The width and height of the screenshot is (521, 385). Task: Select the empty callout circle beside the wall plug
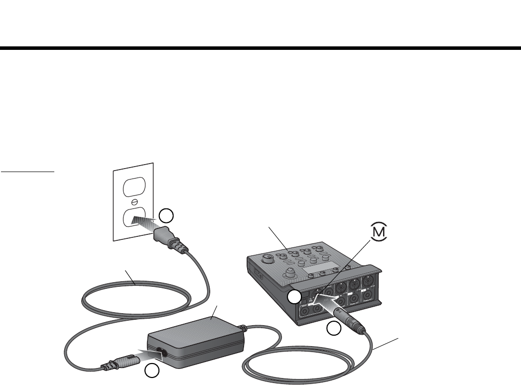tap(167, 215)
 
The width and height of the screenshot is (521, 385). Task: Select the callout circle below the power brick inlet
tap(152, 370)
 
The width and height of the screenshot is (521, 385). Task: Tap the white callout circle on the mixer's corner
tap(294, 298)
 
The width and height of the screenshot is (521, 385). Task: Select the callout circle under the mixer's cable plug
tap(334, 328)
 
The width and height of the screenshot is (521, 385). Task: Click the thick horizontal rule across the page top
tap(260, 48)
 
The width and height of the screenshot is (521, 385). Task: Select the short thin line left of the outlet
tap(27, 171)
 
